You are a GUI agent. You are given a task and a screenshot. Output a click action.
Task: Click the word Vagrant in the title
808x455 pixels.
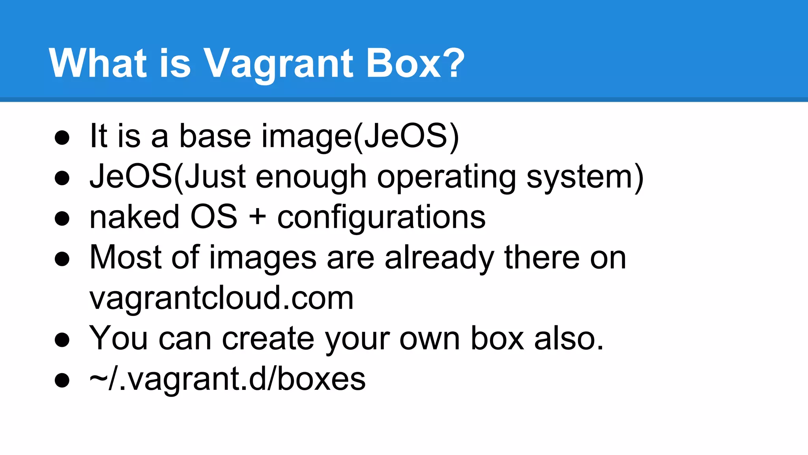click(x=278, y=63)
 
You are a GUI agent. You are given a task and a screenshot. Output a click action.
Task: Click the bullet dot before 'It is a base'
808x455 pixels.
click(x=62, y=138)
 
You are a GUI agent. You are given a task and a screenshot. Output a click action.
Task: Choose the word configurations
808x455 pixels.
click(x=381, y=218)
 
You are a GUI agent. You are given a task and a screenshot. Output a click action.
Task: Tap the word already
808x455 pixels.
click(x=439, y=259)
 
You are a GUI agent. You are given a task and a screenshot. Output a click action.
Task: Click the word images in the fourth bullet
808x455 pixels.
click(x=262, y=259)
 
